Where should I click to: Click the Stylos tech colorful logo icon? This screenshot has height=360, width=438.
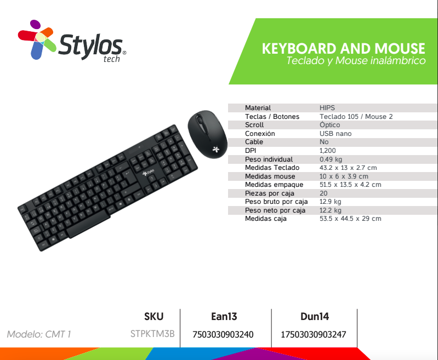coord(37,39)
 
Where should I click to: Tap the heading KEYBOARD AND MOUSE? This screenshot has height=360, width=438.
coord(343,49)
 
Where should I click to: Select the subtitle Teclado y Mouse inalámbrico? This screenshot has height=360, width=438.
coord(356,61)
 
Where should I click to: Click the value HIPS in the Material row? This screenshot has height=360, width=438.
coord(327,108)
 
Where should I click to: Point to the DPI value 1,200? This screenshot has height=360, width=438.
coord(327,151)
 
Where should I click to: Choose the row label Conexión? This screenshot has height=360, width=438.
coord(260,134)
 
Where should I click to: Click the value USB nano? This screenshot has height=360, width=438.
coord(335,134)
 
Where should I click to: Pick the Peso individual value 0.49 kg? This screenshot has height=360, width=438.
coord(331,159)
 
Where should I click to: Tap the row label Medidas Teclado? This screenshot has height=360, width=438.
coord(272,168)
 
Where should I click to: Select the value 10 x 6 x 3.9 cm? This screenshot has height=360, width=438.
coord(344,176)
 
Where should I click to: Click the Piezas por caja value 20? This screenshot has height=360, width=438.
coord(323,193)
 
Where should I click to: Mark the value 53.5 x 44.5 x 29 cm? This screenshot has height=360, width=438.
coord(350,219)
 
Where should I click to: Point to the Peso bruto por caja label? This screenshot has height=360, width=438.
coord(276,202)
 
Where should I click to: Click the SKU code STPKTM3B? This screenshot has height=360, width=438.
coord(152,334)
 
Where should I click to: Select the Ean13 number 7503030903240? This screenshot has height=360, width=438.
coord(223,334)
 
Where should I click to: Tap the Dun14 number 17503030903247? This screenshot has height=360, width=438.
coord(314,334)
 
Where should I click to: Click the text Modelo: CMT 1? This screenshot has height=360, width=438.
coord(39,334)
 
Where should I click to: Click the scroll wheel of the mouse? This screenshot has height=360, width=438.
coord(200,121)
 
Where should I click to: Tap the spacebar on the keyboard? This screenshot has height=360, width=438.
coord(89,224)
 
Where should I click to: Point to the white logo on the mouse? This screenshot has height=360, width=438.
coord(215,149)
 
